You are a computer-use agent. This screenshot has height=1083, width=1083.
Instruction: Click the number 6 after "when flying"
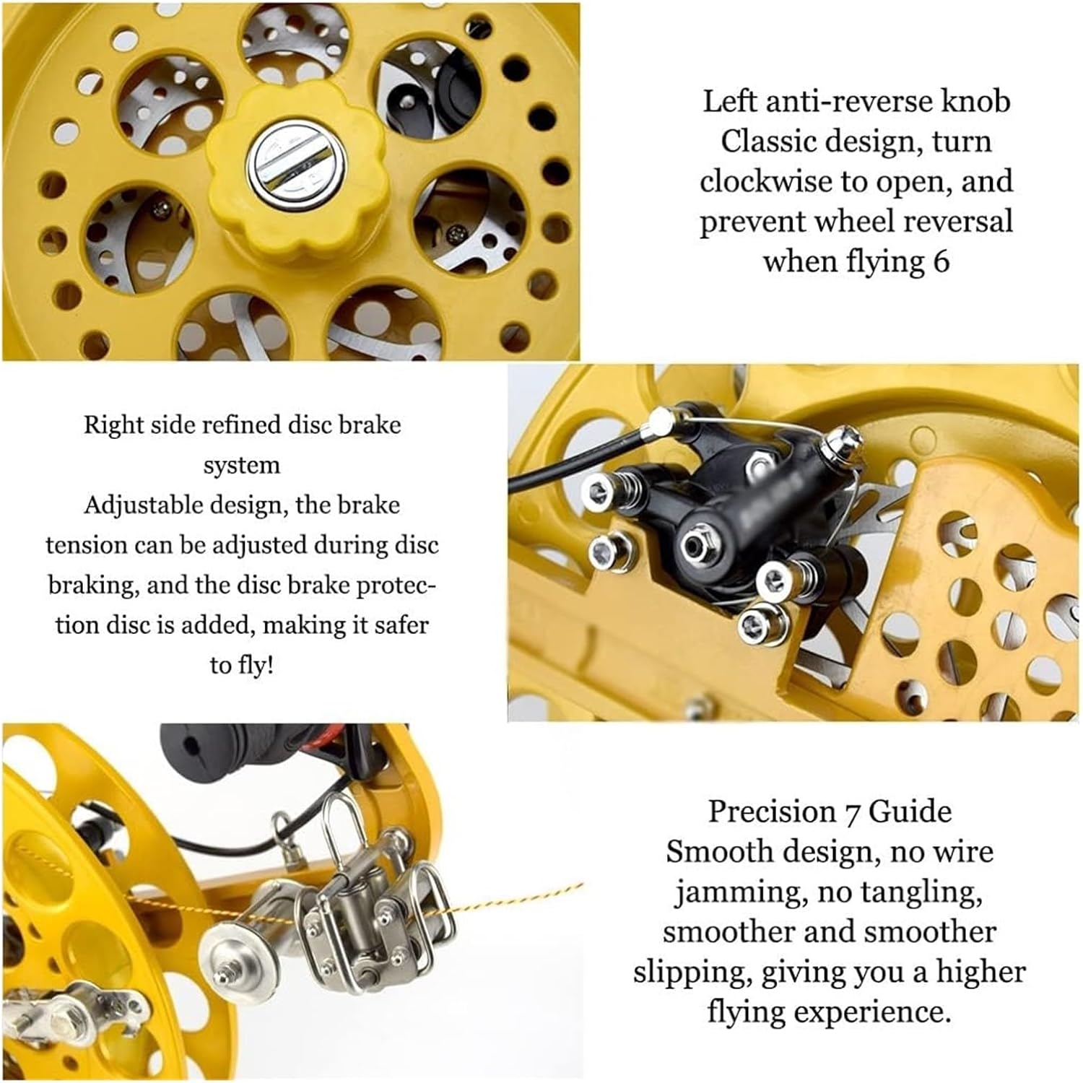tap(939, 262)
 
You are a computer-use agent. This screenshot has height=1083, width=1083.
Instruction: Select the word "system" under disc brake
tap(241, 466)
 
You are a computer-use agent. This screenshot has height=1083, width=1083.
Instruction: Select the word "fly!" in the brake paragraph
tap(253, 665)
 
